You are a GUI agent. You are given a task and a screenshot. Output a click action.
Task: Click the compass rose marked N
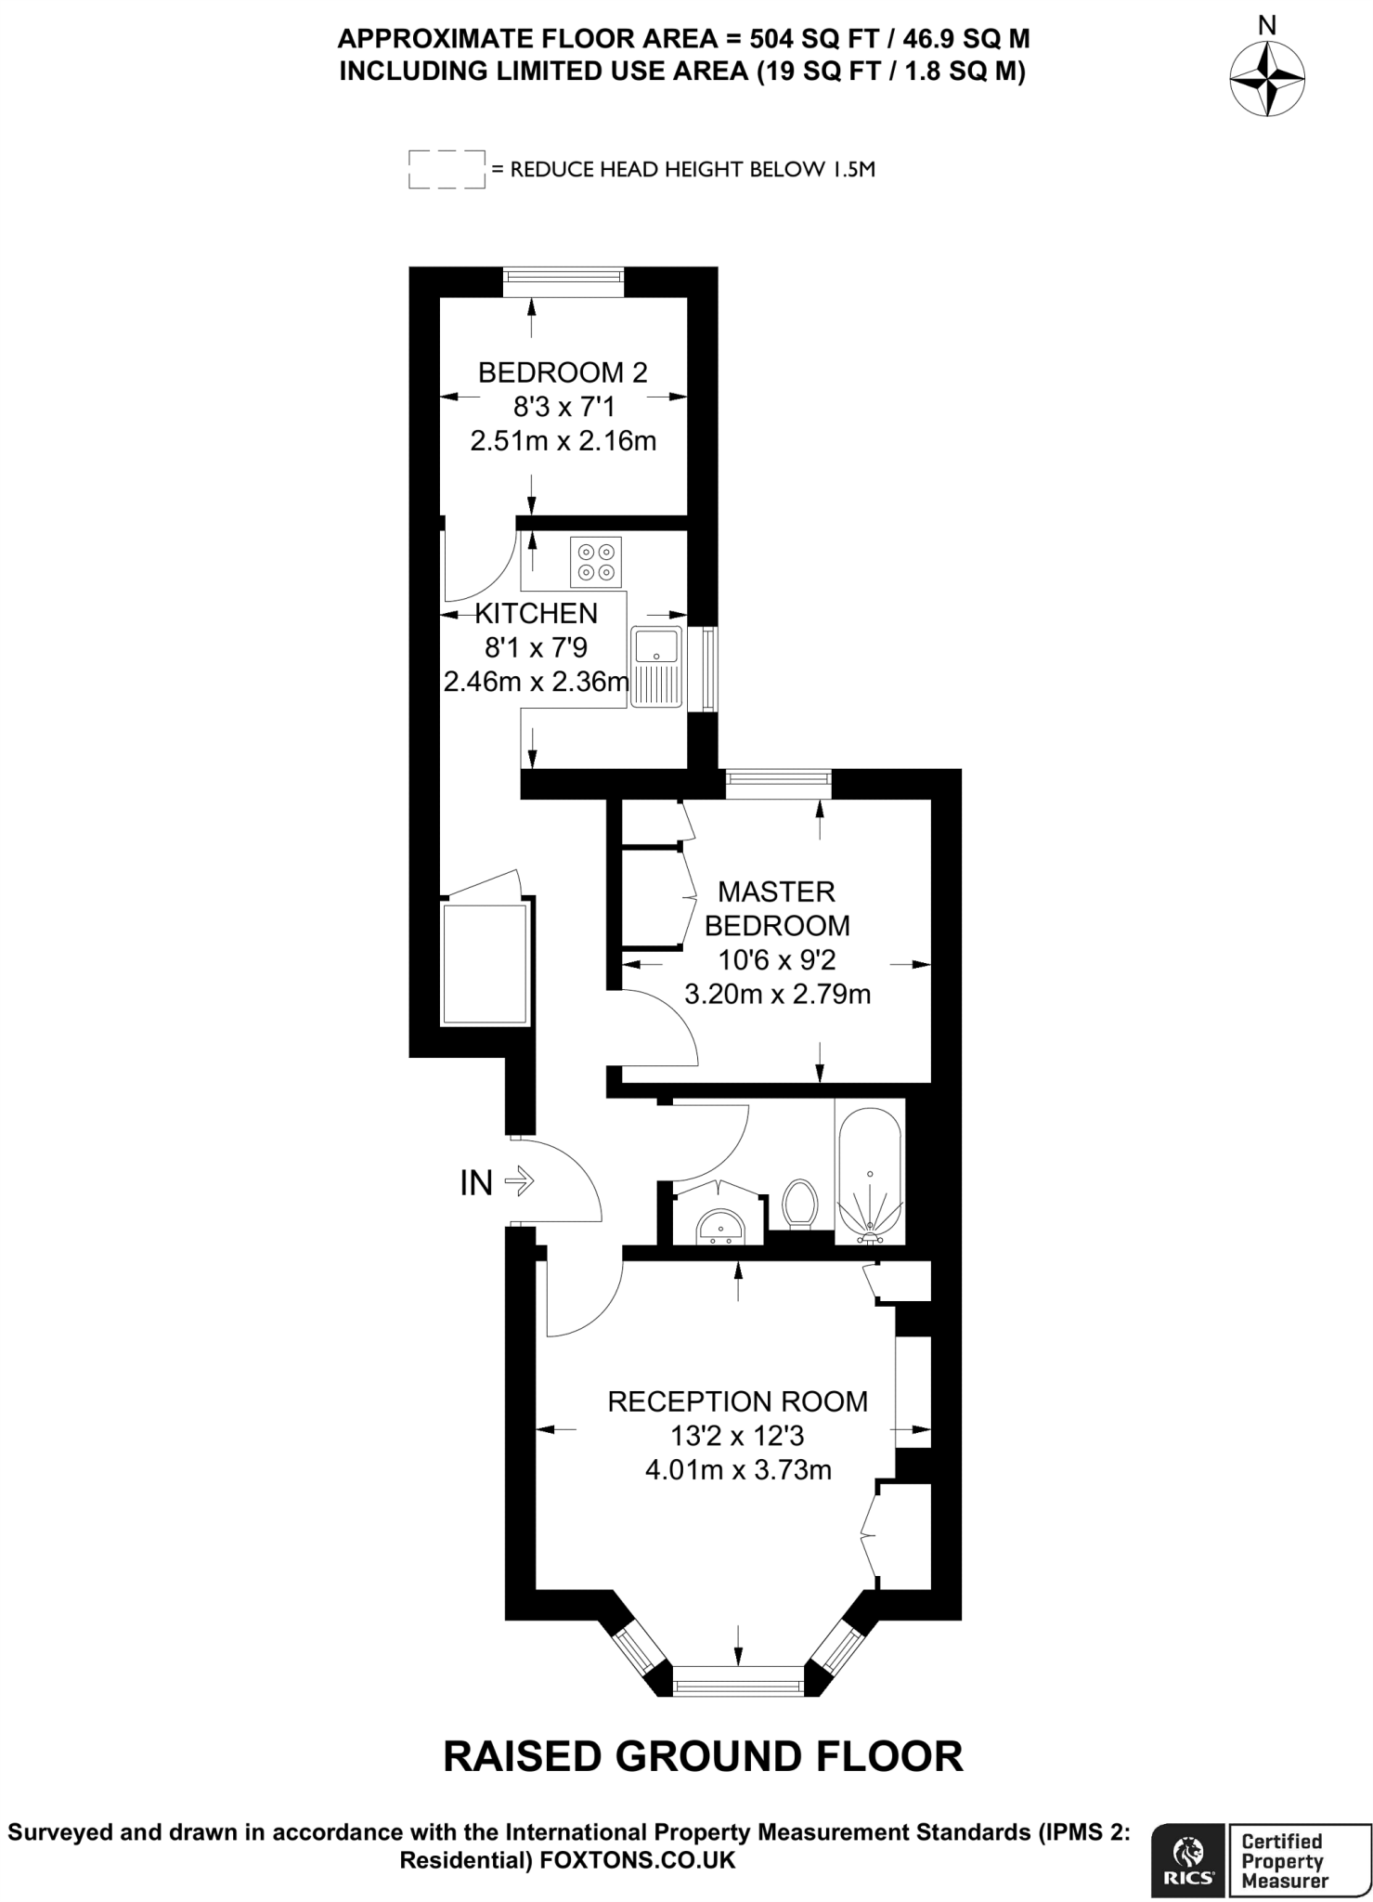tap(1266, 78)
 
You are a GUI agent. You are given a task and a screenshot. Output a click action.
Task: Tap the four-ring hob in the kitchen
tap(595, 562)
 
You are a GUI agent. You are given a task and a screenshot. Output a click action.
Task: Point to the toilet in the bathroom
tap(799, 1205)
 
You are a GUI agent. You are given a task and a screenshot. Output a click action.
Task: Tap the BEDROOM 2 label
tap(562, 372)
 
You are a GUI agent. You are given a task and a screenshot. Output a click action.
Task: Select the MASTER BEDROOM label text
tap(777, 908)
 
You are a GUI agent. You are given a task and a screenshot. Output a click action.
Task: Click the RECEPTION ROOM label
tap(737, 1400)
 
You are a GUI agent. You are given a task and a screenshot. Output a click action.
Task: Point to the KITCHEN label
tap(536, 613)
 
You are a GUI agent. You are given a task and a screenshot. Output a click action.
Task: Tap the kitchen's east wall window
tap(708, 670)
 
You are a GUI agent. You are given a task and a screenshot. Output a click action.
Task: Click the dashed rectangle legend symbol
tap(447, 169)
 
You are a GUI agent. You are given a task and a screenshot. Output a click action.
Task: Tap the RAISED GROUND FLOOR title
tap(703, 1756)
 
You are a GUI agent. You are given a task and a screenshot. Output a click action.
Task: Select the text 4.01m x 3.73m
tap(737, 1470)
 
